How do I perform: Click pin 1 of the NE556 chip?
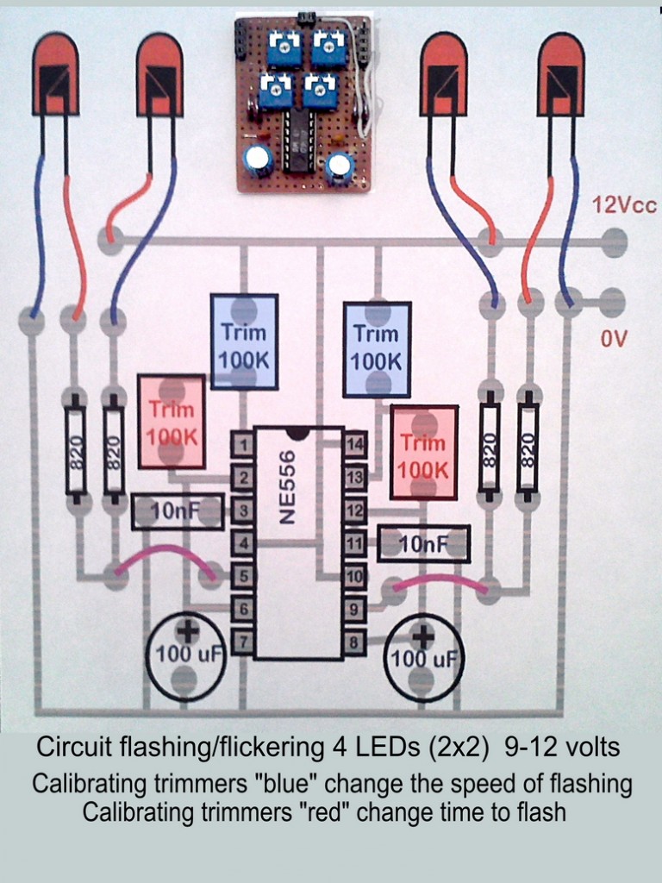click(243, 445)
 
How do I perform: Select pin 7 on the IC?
click(243, 642)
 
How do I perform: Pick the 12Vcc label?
click(624, 206)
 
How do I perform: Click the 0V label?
click(614, 340)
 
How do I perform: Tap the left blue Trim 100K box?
click(244, 342)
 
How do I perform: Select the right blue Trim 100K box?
click(376, 348)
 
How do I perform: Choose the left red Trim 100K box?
click(172, 422)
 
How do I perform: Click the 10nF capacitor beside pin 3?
click(178, 512)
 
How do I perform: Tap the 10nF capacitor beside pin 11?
click(424, 544)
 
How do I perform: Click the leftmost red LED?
click(55, 75)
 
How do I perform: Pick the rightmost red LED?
click(560, 75)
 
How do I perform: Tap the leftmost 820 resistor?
click(76, 449)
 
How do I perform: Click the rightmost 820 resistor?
click(528, 448)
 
